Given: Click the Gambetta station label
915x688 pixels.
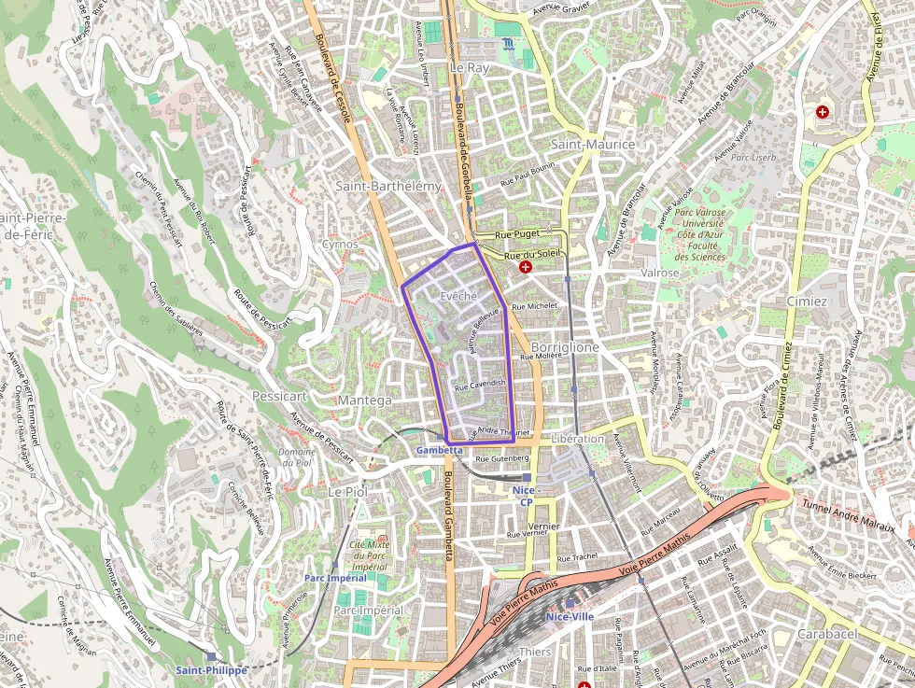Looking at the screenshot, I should [439, 450].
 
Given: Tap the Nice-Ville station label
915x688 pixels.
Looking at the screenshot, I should [570, 616].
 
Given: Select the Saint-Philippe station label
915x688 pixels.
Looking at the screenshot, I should [212, 670].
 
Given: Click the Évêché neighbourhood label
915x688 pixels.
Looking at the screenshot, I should [458, 296].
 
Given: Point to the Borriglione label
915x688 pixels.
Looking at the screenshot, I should [566, 346].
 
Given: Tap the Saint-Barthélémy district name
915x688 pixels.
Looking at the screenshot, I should [387, 186].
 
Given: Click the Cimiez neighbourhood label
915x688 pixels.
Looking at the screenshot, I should [807, 302].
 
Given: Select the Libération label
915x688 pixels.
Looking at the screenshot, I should [578, 439].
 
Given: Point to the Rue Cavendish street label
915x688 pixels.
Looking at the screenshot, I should [480, 385].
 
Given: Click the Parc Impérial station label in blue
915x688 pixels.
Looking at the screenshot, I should [335, 578].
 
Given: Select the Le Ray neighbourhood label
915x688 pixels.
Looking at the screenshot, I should [469, 68].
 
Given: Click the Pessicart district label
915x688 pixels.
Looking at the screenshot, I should [279, 396].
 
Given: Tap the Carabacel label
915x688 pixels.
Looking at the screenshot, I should [827, 633].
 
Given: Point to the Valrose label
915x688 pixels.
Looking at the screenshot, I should [660, 273].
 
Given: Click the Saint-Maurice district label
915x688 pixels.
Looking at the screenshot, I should [592, 144].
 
